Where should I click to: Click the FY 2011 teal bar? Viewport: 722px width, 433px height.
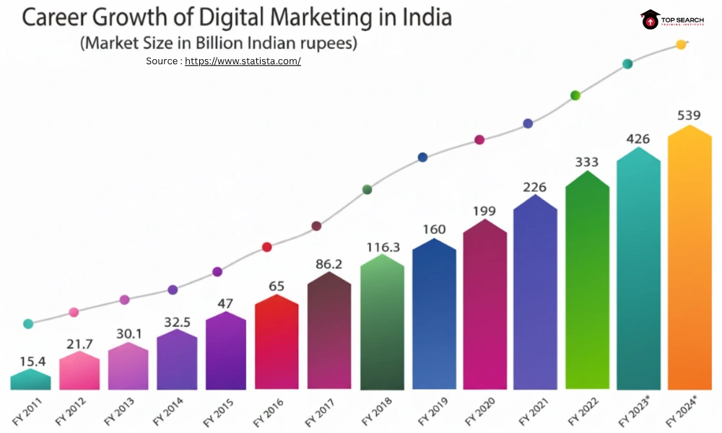pyautogui.click(x=30, y=380)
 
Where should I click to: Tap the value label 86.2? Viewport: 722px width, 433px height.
pyautogui.click(x=329, y=264)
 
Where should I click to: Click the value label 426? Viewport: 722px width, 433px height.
pyautogui.click(x=638, y=139)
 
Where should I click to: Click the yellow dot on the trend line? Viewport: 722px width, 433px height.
pyautogui.click(x=681, y=45)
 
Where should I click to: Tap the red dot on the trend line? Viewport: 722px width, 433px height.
pyautogui.click(x=266, y=247)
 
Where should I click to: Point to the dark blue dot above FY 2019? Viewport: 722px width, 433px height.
pyautogui.click(x=423, y=157)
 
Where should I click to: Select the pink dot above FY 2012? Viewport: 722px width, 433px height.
pyautogui.click(x=74, y=312)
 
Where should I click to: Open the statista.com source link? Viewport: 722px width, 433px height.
pyautogui.click(x=243, y=61)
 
